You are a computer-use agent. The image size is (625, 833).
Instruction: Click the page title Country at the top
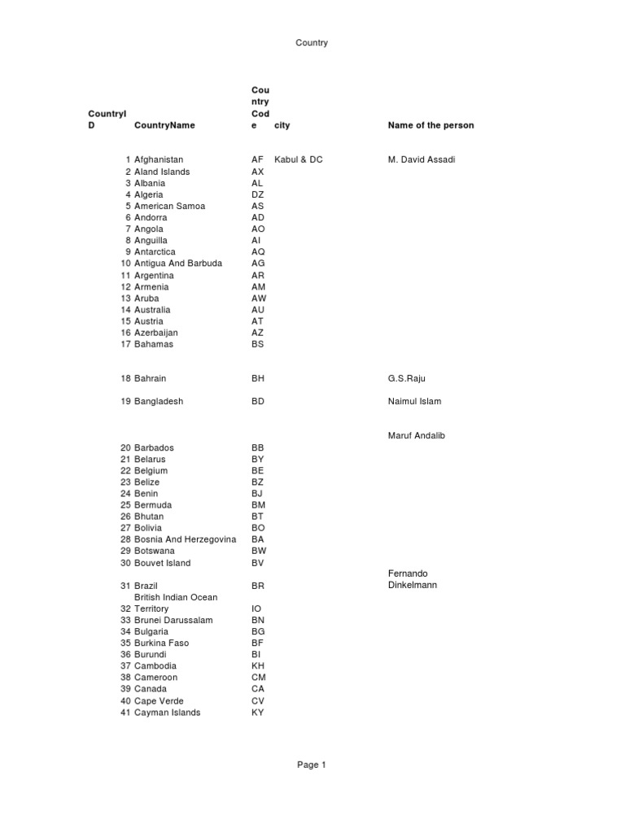pos(312,42)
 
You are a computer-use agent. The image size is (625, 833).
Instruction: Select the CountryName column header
pos(165,125)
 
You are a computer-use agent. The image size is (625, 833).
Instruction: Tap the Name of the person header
pos(431,125)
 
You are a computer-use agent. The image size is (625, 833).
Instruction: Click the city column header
pos(282,125)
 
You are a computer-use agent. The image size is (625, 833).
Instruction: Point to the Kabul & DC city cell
pos(299,159)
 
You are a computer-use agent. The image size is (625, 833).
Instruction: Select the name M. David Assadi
pos(422,159)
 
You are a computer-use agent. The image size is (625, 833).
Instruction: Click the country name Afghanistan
pos(159,159)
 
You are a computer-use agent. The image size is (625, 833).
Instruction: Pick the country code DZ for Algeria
pos(258,194)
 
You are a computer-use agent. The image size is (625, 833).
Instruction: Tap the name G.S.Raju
pos(407,378)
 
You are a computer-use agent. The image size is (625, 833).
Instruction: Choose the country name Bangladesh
pos(159,401)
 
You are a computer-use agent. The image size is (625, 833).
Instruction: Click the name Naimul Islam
pos(414,401)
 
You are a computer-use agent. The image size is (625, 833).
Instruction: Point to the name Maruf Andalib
pos(417,435)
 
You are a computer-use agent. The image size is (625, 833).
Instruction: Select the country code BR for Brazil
pos(258,586)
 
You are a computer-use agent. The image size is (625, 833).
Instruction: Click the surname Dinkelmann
pos(413,585)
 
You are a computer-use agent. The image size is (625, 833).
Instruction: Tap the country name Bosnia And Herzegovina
pos(186,539)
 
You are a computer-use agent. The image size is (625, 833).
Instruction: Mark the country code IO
pos(256,608)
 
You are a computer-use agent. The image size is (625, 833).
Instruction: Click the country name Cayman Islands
pos(168,713)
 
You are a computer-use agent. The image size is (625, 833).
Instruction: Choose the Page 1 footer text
pos(312,765)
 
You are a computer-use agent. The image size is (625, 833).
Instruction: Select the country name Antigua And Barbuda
pos(178,264)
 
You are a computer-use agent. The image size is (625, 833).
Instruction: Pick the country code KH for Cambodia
pos(258,665)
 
